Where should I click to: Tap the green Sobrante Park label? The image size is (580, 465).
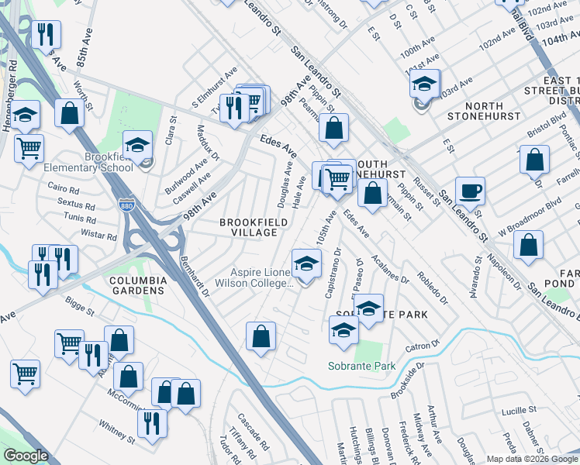(361, 366)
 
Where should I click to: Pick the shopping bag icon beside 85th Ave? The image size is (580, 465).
(70, 114)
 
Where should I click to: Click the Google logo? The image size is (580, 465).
(26, 456)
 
